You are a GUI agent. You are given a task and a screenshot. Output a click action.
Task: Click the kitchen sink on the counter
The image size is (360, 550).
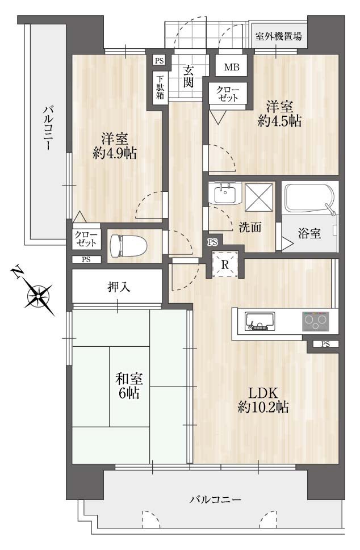(x=259, y=321)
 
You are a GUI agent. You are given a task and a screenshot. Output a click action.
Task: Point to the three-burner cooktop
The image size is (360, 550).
(x=316, y=321)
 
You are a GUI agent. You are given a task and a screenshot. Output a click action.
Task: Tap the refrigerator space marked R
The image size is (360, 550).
(x=225, y=264)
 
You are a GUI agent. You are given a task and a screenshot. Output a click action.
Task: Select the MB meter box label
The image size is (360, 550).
(x=232, y=66)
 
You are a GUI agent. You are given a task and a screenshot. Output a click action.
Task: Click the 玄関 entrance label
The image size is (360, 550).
(x=188, y=77)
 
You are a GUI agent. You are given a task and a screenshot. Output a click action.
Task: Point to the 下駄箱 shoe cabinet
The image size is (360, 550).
(x=160, y=87)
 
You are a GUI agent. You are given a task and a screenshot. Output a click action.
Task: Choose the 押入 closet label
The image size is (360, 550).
(x=119, y=287)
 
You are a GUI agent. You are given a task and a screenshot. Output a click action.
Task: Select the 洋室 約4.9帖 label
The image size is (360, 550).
(x=114, y=146)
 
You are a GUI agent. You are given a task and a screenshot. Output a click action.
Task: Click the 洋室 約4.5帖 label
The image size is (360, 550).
(x=279, y=114)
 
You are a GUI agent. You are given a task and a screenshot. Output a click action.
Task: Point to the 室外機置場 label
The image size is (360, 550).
(x=278, y=36)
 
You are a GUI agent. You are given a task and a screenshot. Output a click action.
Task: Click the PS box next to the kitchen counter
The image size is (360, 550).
(x=325, y=344)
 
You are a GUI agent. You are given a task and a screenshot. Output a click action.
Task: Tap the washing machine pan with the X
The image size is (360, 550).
(x=259, y=197)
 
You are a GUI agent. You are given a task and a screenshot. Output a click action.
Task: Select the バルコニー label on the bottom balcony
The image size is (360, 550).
(x=215, y=499)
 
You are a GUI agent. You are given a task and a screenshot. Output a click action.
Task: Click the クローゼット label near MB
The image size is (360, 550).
(x=228, y=93)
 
